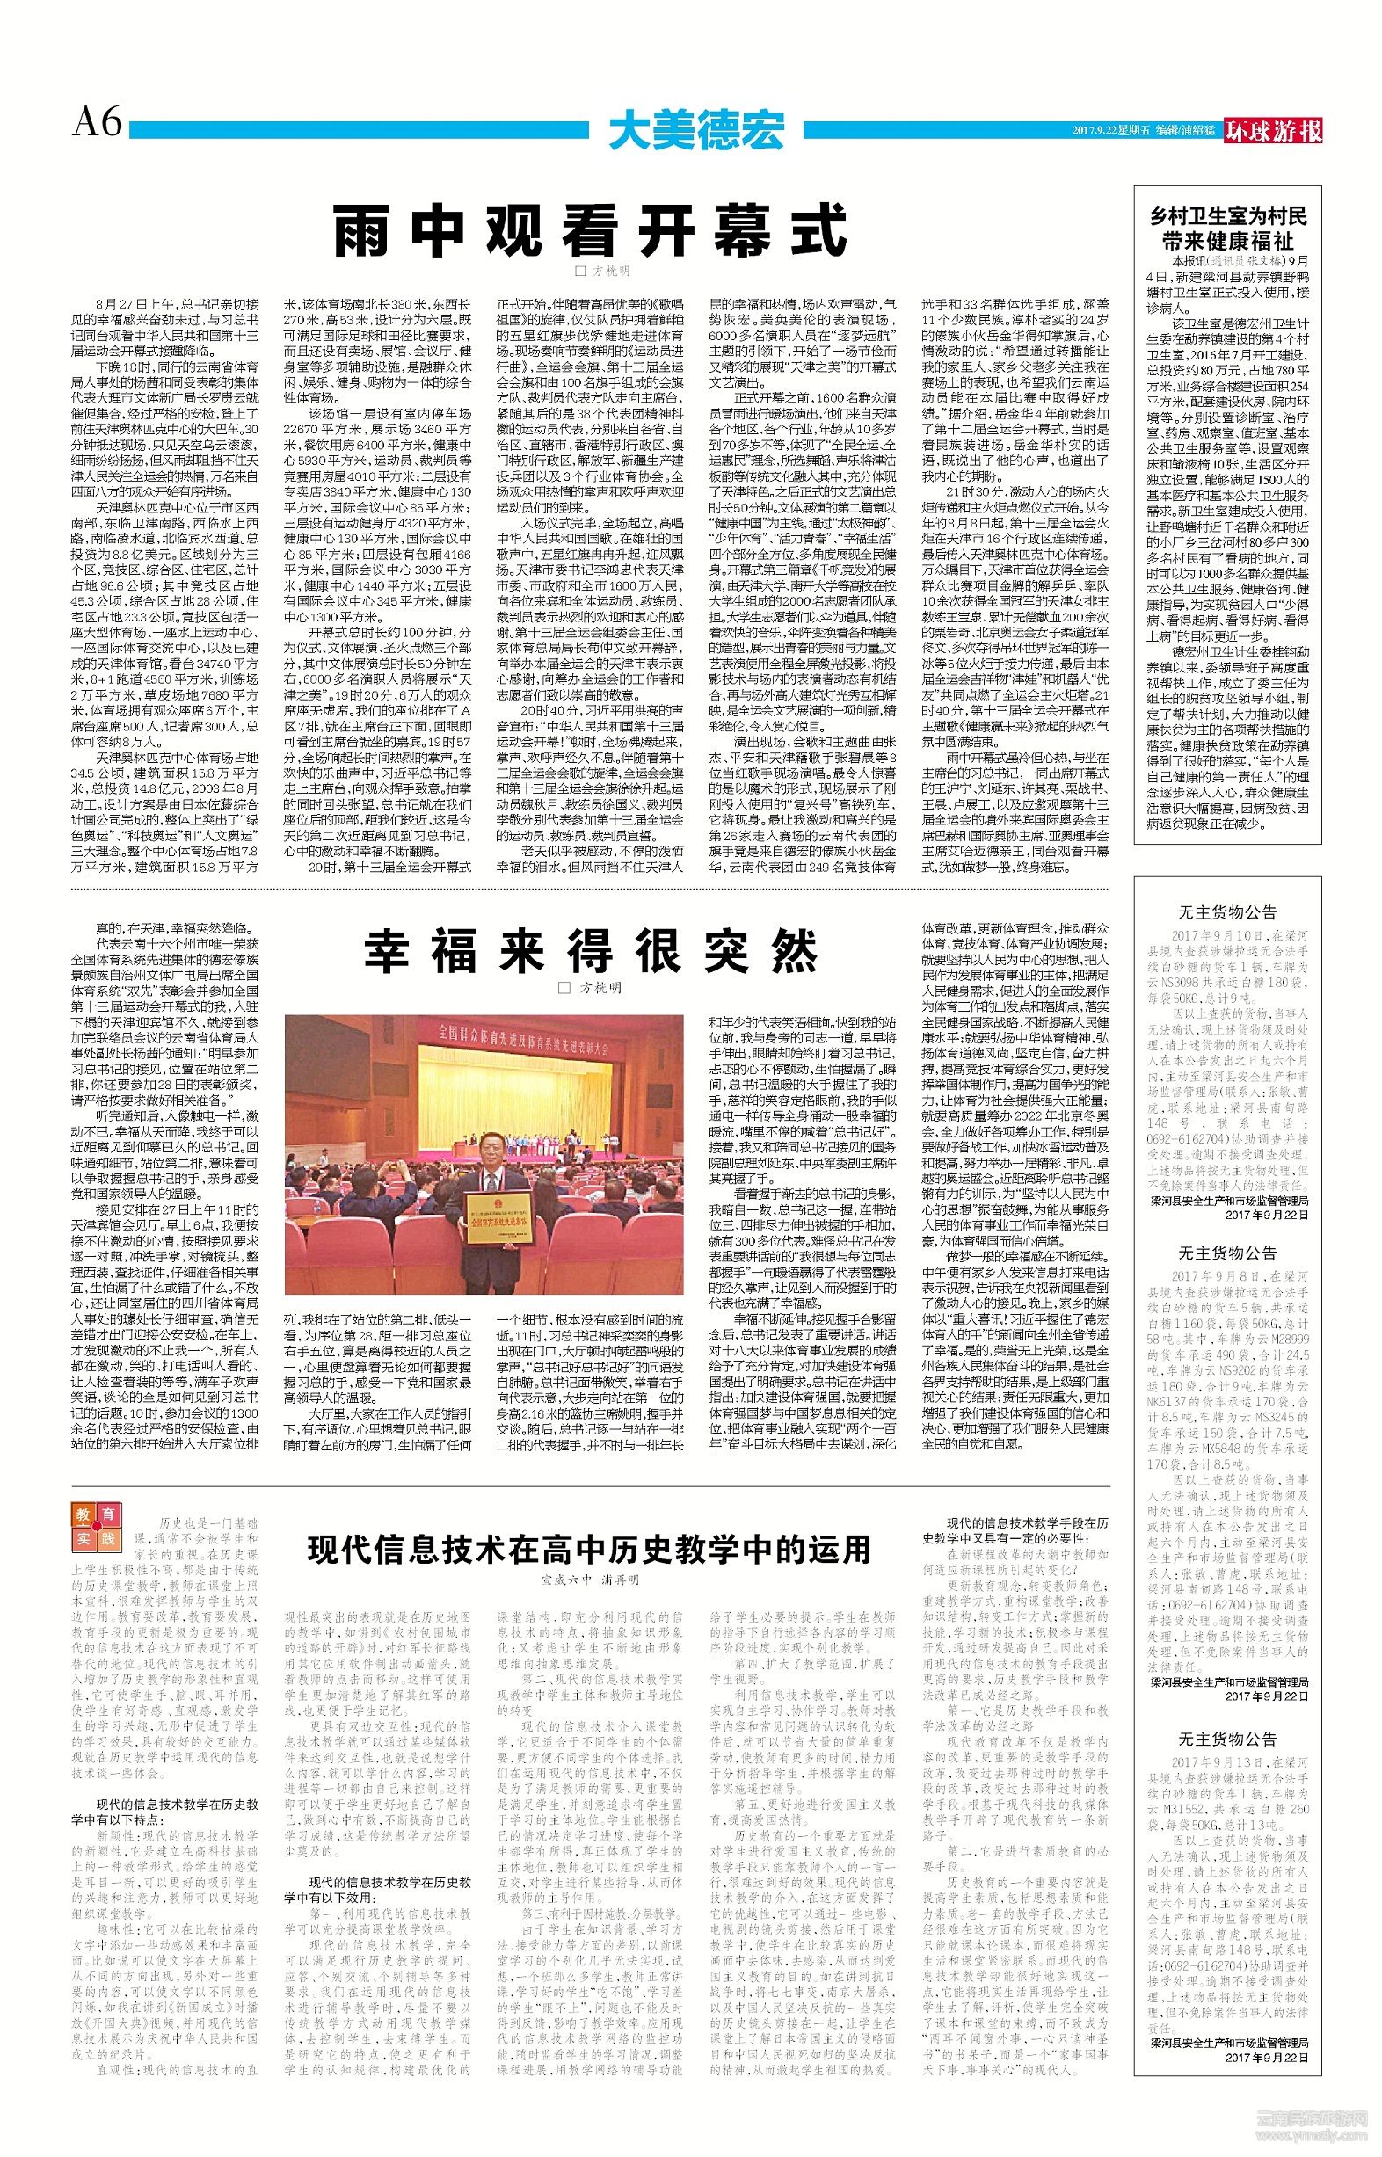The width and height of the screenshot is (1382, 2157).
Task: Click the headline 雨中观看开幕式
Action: (x=590, y=231)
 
